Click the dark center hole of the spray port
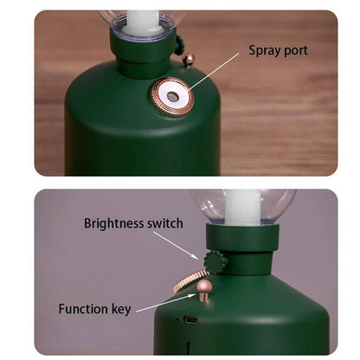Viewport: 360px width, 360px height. (x=172, y=95)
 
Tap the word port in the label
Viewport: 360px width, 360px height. (x=296, y=51)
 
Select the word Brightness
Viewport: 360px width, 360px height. (x=114, y=223)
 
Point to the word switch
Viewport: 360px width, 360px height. (x=165, y=223)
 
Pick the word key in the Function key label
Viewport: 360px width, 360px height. (x=121, y=310)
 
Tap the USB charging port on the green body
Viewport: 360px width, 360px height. (x=190, y=320)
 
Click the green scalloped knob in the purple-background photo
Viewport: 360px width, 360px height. (x=215, y=262)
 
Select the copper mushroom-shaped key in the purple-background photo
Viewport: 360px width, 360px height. (x=204, y=290)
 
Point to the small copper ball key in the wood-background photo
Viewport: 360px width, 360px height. (x=190, y=61)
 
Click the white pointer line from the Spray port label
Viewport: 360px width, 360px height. (x=213, y=72)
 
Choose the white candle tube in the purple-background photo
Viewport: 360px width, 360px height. (x=242, y=207)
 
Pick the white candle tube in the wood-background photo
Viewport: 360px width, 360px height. (x=143, y=22)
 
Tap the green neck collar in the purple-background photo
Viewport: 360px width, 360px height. (x=242, y=237)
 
